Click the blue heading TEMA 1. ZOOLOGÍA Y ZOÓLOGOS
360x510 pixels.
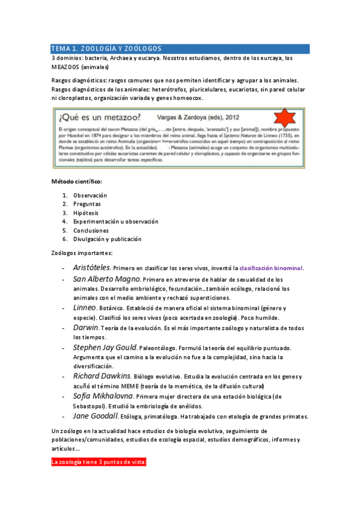pos(106,49)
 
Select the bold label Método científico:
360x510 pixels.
pos(76,182)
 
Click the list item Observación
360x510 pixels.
pos(90,195)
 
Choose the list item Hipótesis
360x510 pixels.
pos(87,213)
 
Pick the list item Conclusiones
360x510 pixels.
pos(91,230)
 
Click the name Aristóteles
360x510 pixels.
pos(92,267)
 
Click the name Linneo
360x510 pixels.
pos(85,307)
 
